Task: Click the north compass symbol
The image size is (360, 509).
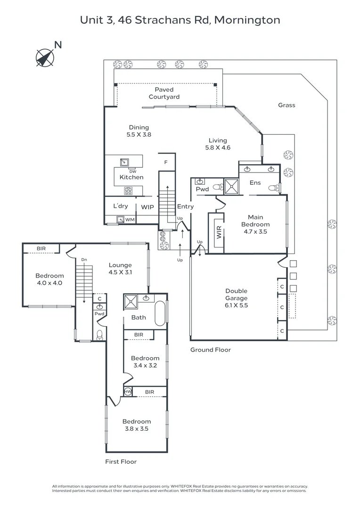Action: (45, 58)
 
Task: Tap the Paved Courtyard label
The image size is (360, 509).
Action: (164, 93)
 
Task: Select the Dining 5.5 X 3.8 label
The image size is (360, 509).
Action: (139, 131)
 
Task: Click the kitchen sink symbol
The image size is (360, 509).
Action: (124, 162)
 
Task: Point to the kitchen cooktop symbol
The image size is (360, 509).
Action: (129, 190)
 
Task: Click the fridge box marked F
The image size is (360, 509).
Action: (166, 162)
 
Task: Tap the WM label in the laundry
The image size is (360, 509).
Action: (130, 220)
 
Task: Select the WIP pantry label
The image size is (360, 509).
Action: (147, 207)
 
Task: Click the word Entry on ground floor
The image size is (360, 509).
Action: (185, 206)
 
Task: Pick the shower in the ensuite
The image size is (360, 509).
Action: (232, 186)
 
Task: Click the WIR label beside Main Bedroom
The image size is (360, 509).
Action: (219, 232)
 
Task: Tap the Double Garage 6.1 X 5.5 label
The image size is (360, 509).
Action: (237, 298)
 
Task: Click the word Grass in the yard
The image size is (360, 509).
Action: (286, 105)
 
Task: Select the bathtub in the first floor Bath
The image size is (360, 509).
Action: (160, 313)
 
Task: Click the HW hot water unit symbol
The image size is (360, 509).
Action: (128, 392)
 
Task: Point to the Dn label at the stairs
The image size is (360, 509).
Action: (84, 260)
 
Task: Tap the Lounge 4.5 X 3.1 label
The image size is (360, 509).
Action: (120, 269)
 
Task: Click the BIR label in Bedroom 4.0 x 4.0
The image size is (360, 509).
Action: (41, 249)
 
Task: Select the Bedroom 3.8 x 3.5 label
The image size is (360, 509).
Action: (137, 425)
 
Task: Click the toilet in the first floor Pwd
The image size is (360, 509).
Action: (99, 335)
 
